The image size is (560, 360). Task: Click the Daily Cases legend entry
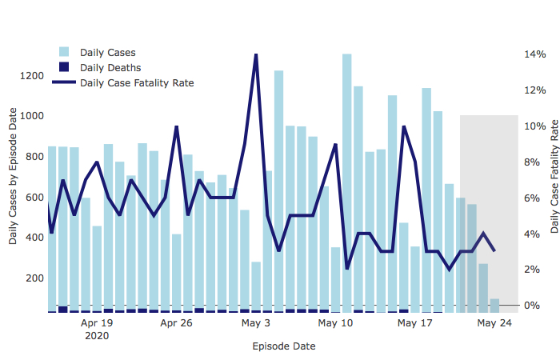click(x=107, y=53)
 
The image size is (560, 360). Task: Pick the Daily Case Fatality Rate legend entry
click(x=136, y=82)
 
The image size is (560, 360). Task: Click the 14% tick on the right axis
click(x=534, y=54)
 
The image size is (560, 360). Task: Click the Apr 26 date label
click(x=176, y=324)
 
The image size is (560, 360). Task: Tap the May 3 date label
click(x=256, y=324)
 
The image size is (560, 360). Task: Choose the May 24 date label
click(x=494, y=324)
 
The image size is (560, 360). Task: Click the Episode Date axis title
click(x=283, y=346)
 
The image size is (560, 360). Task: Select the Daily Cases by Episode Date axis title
click(x=13, y=178)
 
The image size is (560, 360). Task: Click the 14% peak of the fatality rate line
click(x=256, y=54)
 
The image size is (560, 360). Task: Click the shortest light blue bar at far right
click(x=494, y=305)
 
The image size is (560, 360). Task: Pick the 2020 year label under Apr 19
click(x=97, y=336)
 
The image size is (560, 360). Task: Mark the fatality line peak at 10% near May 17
click(x=404, y=126)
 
